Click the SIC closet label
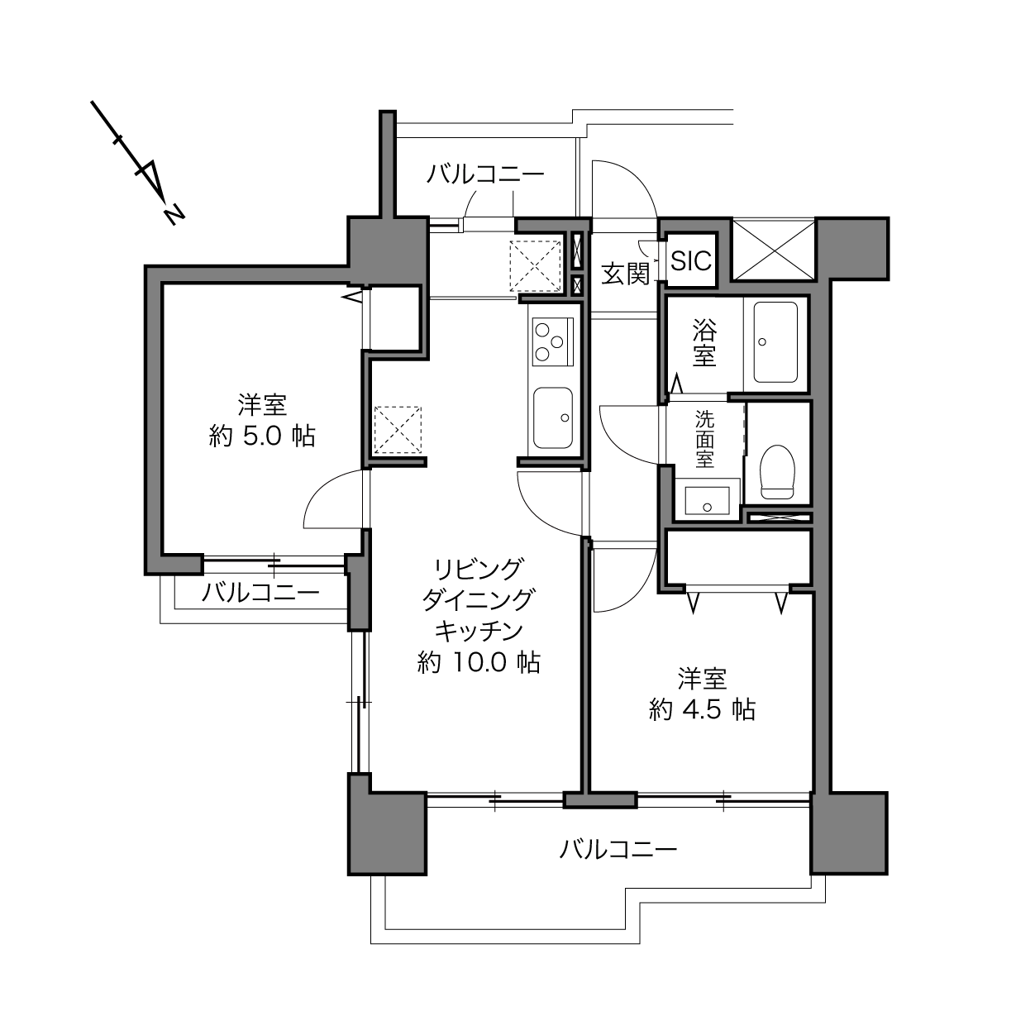(691, 260)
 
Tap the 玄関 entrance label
(625, 274)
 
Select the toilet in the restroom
(777, 471)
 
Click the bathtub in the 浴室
(775, 342)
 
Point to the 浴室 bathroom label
(704, 343)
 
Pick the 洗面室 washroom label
(704, 439)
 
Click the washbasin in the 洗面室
(707, 501)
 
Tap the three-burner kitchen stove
(553, 342)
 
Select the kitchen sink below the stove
(553, 417)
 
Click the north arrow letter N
(175, 214)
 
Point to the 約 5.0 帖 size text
(261, 436)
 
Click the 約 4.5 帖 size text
(702, 709)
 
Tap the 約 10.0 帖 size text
(479, 663)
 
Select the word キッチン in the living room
(479, 631)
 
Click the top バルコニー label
(485, 174)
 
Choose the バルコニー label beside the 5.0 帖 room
(260, 593)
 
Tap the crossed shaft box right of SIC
(774, 250)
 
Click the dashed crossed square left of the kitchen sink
(398, 430)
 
